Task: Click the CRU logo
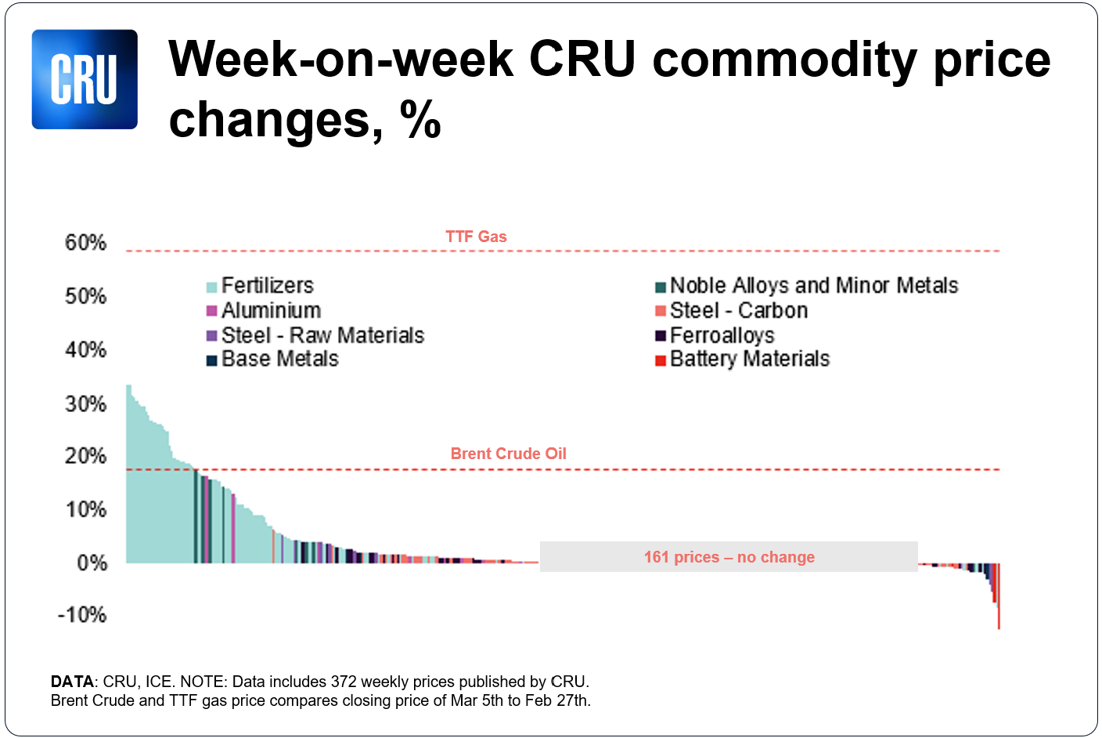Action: (x=85, y=79)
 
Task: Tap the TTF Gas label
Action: (x=476, y=237)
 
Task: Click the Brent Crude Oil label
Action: (x=508, y=454)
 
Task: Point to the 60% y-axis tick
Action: (x=85, y=243)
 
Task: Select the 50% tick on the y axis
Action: (x=85, y=296)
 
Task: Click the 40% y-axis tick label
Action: (x=85, y=349)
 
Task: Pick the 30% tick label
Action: (x=85, y=403)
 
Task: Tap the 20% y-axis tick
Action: (x=85, y=456)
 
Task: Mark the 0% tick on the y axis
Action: (x=92, y=563)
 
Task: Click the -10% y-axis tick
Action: (x=82, y=615)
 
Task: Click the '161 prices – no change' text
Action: (x=729, y=557)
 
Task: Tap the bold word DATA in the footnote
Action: (x=71, y=682)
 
